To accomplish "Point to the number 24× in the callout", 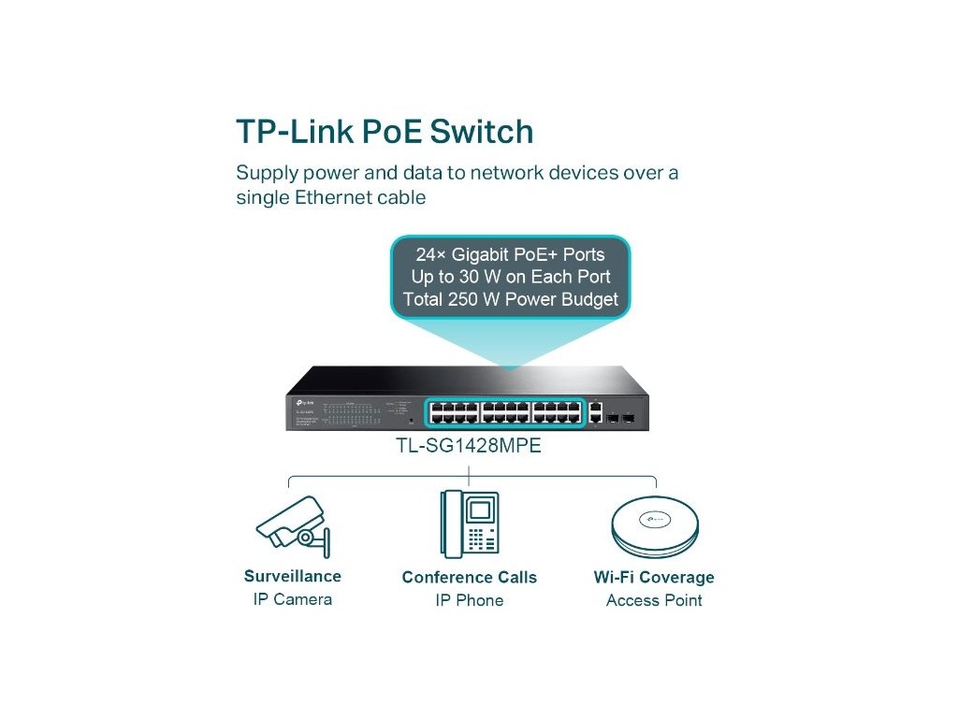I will pos(431,254).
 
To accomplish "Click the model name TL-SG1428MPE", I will pos(470,447).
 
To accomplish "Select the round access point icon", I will pos(654,525).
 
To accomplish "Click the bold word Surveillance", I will pos(293,576).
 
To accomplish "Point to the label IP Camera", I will pos(293,599).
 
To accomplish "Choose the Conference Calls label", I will pos(470,577).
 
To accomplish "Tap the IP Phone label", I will pos(470,600).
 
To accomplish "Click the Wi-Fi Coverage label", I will pos(654,577).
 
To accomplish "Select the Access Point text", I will pos(654,600).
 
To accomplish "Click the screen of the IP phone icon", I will pos(479,510).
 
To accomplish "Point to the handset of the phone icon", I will pos(450,524).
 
